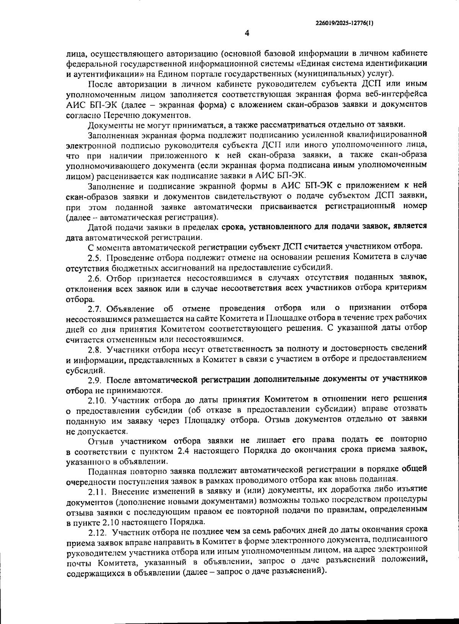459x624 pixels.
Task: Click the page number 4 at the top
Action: pyautogui.click(x=247, y=33)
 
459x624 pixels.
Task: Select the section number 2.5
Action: pyautogui.click(x=94, y=256)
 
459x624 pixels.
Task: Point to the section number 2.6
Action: pyautogui.click(x=95, y=278)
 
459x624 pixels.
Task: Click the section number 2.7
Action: pyautogui.click(x=95, y=309)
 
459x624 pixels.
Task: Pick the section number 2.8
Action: pyautogui.click(x=95, y=349)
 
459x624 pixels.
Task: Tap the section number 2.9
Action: pyautogui.click(x=95, y=380)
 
